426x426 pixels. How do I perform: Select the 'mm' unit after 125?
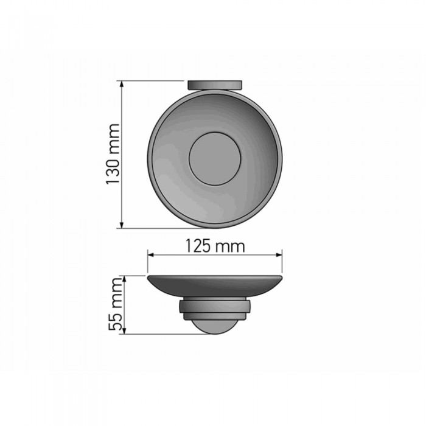pos(232,246)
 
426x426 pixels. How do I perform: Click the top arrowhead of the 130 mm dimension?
pos(124,84)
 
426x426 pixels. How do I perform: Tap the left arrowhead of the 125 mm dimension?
pos(151,256)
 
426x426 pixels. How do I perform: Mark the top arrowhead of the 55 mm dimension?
pos(124,279)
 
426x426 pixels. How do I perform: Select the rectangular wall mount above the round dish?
pos(215,85)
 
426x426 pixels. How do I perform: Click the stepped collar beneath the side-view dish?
pos(215,309)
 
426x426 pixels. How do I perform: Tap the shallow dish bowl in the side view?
pos(215,287)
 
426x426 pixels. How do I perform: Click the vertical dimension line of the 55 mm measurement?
pos(124,304)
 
